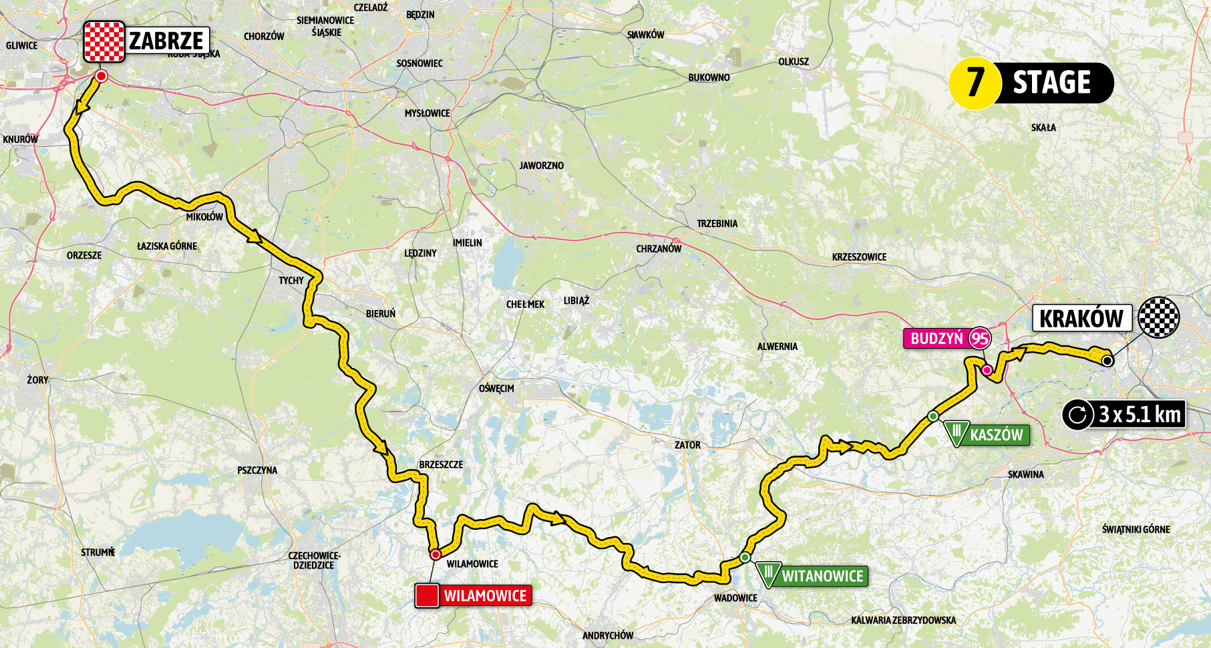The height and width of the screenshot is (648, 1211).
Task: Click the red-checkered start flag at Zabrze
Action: coord(104,41)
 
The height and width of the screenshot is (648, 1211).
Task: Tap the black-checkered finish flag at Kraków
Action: coord(1159,317)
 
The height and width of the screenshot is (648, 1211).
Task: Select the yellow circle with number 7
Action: coord(975,83)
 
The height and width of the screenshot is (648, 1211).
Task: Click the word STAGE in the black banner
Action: coord(1051,83)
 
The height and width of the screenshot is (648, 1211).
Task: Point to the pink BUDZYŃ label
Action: coord(936,339)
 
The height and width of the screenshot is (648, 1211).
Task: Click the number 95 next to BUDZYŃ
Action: coord(979,339)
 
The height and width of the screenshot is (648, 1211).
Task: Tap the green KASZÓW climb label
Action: coord(995,435)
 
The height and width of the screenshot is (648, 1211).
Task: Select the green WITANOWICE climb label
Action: coord(822,576)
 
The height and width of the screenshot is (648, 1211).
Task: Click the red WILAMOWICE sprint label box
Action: coord(484,595)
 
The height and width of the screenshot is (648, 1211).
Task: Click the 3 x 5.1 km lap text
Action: coord(1140,415)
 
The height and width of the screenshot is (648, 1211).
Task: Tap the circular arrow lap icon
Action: coord(1077,415)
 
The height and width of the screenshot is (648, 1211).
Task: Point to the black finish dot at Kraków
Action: coord(1107,361)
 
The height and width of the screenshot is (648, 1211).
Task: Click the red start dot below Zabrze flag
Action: coord(101,77)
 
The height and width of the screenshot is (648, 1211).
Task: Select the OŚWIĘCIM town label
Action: coord(496,388)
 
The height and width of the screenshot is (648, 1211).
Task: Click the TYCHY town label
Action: coord(291,281)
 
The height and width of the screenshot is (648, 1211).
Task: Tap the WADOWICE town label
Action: coord(735,598)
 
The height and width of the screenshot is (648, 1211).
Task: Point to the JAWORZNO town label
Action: coord(541,165)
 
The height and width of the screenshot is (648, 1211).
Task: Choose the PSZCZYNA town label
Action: coord(257,470)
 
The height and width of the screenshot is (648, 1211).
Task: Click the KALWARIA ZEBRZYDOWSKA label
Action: coord(903,620)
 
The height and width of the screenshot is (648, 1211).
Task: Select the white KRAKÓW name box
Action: coord(1081,318)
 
